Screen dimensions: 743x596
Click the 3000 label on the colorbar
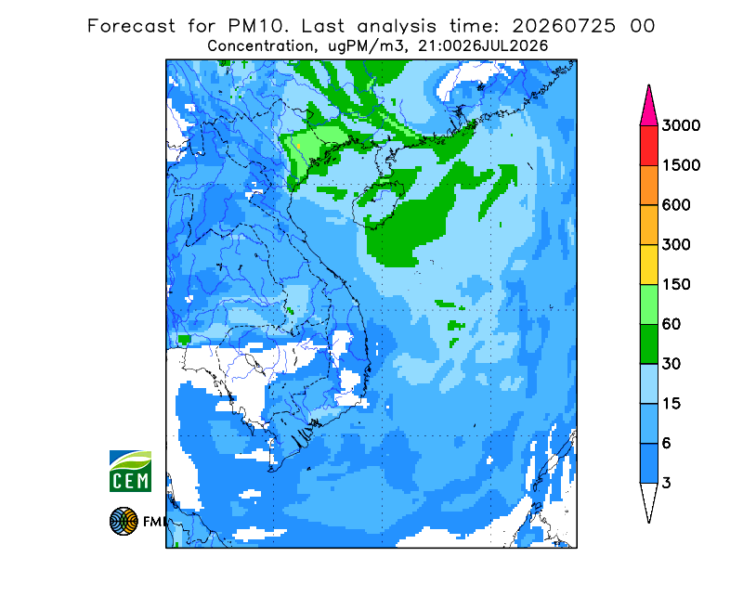pyautogui.click(x=681, y=125)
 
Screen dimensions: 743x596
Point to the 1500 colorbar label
pyautogui.click(x=681, y=165)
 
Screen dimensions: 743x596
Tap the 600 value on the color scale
pyautogui.click(x=676, y=205)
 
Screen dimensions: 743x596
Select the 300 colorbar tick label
pyautogui.click(x=676, y=245)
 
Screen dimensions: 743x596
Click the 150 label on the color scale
pyautogui.click(x=676, y=285)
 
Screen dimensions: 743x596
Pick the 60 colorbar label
pyautogui.click(x=671, y=325)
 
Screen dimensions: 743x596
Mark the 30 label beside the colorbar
pyautogui.click(x=671, y=364)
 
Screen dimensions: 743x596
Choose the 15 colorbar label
pyautogui.click(x=671, y=404)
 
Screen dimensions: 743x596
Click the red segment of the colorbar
pyautogui.click(x=648, y=146)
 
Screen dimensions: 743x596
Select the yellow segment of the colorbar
pyautogui.click(x=648, y=265)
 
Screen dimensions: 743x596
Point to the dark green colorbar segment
pyautogui.click(x=648, y=344)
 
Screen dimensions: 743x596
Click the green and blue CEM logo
pyautogui.click(x=130, y=471)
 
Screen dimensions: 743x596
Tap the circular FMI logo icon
pyautogui.click(x=124, y=521)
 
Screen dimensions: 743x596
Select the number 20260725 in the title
pyautogui.click(x=564, y=26)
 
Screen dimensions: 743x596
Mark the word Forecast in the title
pyautogui.click(x=131, y=26)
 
